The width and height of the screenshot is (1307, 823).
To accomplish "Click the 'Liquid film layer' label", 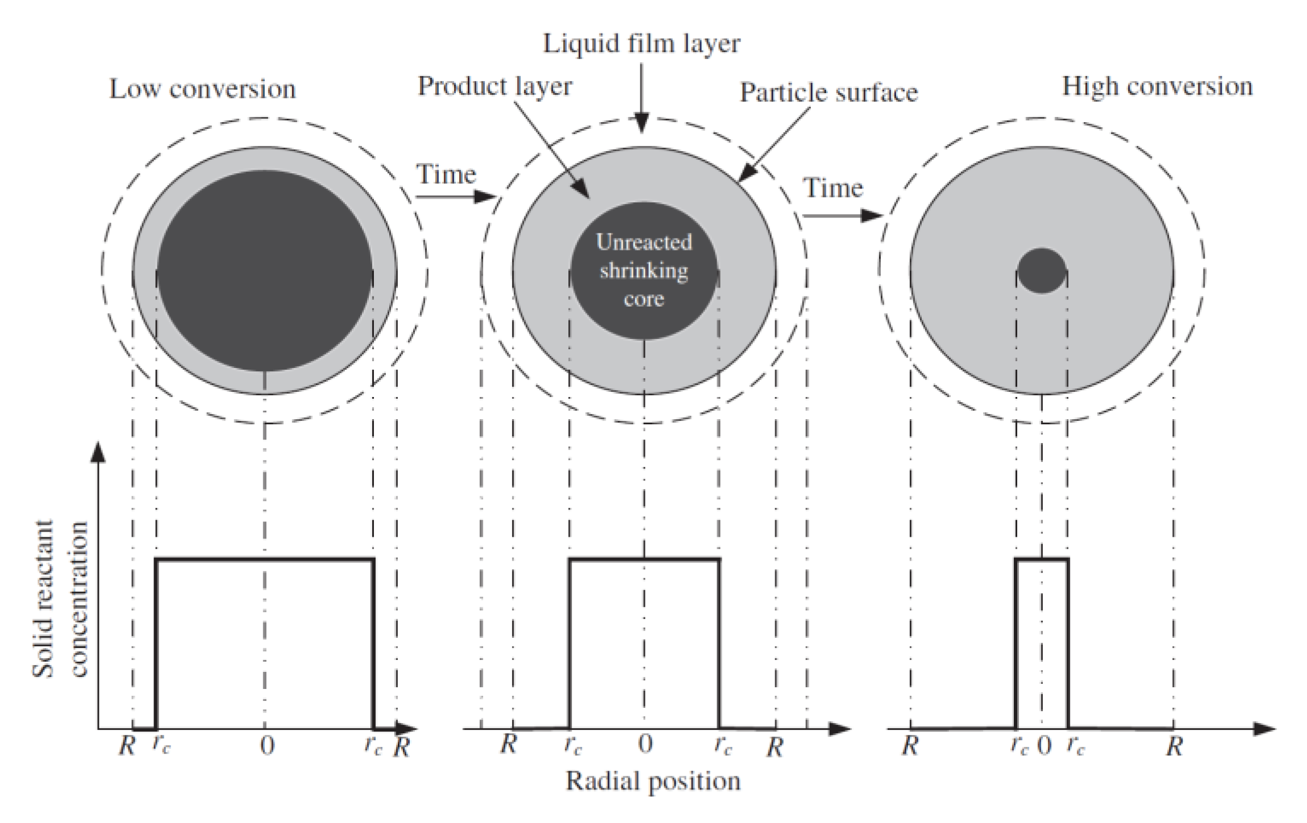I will click(x=642, y=44).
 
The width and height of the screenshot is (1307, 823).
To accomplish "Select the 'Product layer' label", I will click(x=495, y=86).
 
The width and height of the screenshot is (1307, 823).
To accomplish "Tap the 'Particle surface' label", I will click(x=829, y=93).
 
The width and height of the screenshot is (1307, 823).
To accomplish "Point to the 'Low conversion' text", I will click(x=202, y=89).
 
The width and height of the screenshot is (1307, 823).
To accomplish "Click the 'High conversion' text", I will click(x=1157, y=86).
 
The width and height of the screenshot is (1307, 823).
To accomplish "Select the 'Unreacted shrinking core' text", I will click(x=644, y=270).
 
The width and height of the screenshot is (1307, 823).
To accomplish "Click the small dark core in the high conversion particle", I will click(x=1041, y=271).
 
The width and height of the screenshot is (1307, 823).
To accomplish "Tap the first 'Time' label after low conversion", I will click(x=446, y=174).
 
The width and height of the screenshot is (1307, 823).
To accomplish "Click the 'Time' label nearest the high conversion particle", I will click(x=833, y=188).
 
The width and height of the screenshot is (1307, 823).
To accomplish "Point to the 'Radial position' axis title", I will click(x=653, y=781).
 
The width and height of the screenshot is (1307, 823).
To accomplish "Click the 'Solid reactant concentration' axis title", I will click(x=60, y=599).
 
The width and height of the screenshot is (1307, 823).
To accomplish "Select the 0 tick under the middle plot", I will click(x=645, y=744).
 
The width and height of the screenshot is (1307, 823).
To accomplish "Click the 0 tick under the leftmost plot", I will click(x=267, y=745).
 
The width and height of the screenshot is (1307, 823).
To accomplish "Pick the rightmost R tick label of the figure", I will click(x=1174, y=746).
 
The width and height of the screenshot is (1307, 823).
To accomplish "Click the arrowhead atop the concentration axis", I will click(x=98, y=452).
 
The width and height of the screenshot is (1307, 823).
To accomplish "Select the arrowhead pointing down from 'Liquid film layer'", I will click(x=642, y=123).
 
